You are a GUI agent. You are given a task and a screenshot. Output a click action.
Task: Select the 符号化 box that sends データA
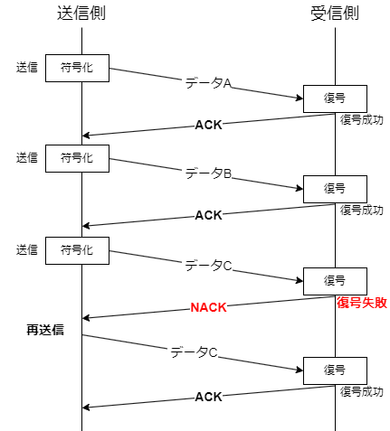coord(77,67)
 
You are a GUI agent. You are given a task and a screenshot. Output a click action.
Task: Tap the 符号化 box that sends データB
coord(77,158)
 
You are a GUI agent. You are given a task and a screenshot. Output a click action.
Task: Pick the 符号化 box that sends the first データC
coord(77,250)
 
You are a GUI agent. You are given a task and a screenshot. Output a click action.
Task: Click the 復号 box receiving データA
coord(334,98)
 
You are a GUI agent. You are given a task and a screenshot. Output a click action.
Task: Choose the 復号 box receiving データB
coord(334,189)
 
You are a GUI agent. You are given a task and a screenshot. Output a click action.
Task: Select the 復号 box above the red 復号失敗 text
coord(334,281)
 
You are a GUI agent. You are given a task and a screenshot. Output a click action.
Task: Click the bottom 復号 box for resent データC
coord(334,370)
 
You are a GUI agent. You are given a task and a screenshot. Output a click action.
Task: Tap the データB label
coord(209,173)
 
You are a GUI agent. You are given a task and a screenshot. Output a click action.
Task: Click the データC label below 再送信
coord(194,352)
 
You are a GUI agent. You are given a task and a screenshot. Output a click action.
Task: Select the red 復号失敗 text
coord(361,303)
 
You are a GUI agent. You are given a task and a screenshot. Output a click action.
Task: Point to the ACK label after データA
coord(208,125)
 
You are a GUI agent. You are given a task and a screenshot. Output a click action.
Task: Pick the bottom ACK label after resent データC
coord(208,397)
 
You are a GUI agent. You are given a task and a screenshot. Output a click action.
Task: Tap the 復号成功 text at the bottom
coord(361,392)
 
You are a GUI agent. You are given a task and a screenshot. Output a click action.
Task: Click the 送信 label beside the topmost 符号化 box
coord(26,67)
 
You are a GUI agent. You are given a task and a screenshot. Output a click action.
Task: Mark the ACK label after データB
coord(208,215)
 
